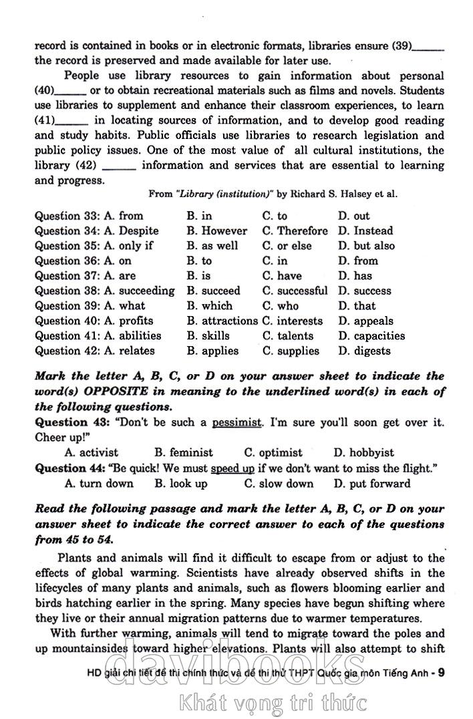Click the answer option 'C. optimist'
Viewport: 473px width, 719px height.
pos(273,452)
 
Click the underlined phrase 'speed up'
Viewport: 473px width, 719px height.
pos(232,468)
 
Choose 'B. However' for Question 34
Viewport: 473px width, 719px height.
pos(216,231)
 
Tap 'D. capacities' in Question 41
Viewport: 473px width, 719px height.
pos(371,335)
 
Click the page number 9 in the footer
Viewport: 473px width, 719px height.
pos(441,672)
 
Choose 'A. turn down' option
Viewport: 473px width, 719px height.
pos(99,483)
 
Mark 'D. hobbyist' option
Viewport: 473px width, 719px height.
pos(363,452)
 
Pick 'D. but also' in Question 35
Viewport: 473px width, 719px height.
pos(365,246)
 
